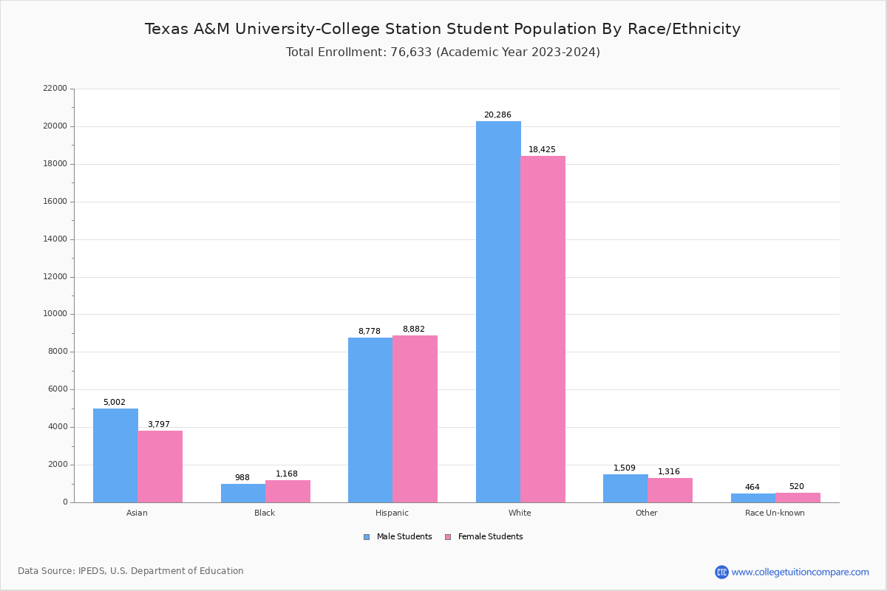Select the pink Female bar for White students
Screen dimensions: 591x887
(x=543, y=329)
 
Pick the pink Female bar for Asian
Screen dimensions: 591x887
(x=160, y=466)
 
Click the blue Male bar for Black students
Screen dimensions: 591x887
(x=243, y=493)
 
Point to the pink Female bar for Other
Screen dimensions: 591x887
(x=670, y=491)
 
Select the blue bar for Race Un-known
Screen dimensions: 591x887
(x=753, y=498)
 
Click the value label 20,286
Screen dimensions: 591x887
(x=497, y=115)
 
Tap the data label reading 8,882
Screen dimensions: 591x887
(x=414, y=329)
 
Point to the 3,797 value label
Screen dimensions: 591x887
(x=159, y=425)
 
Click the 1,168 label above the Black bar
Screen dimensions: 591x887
(x=287, y=474)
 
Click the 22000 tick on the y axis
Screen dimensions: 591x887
(x=55, y=89)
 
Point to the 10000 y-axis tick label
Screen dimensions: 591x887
(x=55, y=314)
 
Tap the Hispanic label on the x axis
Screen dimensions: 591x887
(x=392, y=513)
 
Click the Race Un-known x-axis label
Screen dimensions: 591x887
(x=775, y=513)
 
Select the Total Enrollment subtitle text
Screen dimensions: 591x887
(x=443, y=52)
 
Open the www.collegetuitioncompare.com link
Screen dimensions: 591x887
(x=800, y=572)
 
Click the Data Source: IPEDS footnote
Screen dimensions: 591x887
(x=131, y=571)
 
